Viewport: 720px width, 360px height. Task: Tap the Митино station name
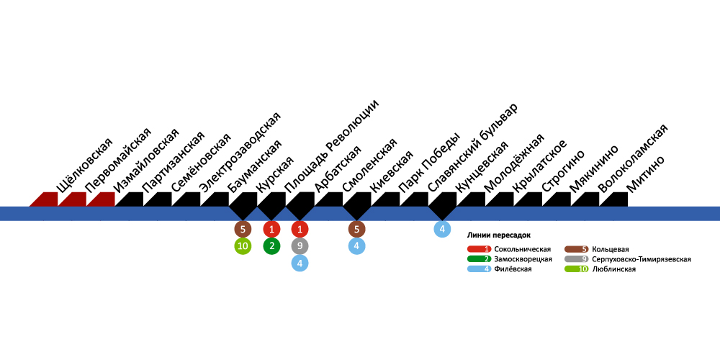click(x=646, y=174)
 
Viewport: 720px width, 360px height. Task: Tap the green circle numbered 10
click(x=243, y=246)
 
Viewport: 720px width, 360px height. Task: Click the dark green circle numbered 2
click(x=271, y=246)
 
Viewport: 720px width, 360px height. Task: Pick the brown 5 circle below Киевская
click(x=356, y=230)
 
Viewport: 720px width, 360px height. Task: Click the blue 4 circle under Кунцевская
click(x=442, y=230)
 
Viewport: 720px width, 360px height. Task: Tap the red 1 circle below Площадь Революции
click(x=271, y=230)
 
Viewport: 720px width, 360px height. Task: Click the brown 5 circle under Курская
click(x=243, y=230)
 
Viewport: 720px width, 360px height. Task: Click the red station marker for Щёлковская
click(x=44, y=199)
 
